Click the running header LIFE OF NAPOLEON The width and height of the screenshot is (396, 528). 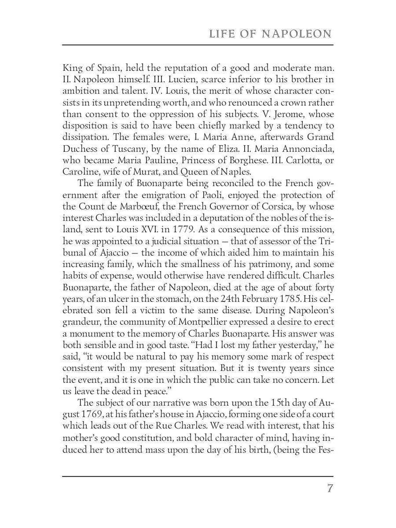pyautogui.click(x=270, y=34)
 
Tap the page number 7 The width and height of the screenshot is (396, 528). pyautogui.click(x=330, y=489)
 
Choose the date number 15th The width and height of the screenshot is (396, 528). pyautogui.click(x=261, y=402)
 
